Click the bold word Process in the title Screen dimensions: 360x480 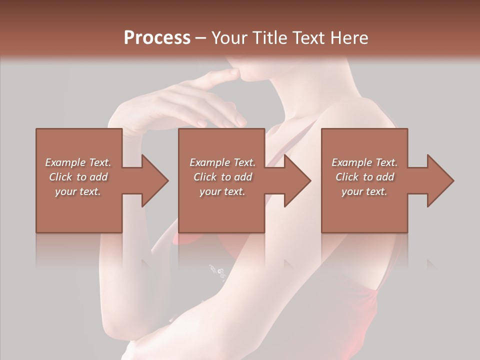point(157,38)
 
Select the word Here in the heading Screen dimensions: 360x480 point(349,38)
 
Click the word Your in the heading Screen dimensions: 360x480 point(229,38)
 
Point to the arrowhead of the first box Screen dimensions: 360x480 point(155,180)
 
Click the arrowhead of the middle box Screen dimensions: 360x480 point(298,180)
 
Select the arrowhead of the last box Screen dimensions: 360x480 point(440,180)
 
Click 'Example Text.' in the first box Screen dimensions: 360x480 point(78,162)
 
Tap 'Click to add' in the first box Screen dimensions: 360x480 point(78,177)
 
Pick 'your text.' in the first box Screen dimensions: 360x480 point(78,191)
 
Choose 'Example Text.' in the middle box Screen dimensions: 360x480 point(222,162)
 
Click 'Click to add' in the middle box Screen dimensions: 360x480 point(223,177)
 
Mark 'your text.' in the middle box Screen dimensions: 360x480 point(222,191)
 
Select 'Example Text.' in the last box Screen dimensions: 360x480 point(364,162)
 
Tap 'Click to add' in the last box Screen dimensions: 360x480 point(365,177)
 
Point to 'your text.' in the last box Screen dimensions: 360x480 point(364,191)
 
